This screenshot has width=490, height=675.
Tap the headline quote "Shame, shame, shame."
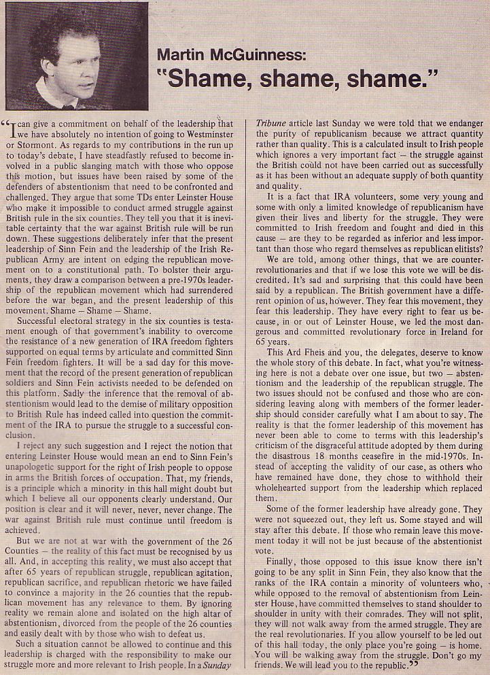[x=297, y=79]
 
